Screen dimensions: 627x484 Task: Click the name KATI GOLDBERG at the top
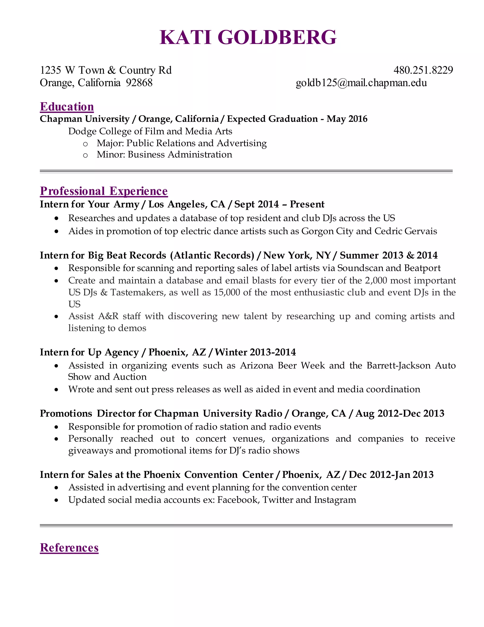click(248, 37)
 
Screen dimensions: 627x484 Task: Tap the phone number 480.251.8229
click(423, 70)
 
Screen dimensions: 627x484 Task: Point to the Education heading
click(67, 106)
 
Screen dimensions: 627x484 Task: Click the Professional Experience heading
click(104, 191)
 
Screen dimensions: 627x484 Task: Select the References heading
click(69, 548)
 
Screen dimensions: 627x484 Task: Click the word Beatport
click(422, 268)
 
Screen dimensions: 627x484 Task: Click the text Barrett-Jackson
click(398, 366)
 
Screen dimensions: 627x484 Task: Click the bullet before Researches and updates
click(56, 218)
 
